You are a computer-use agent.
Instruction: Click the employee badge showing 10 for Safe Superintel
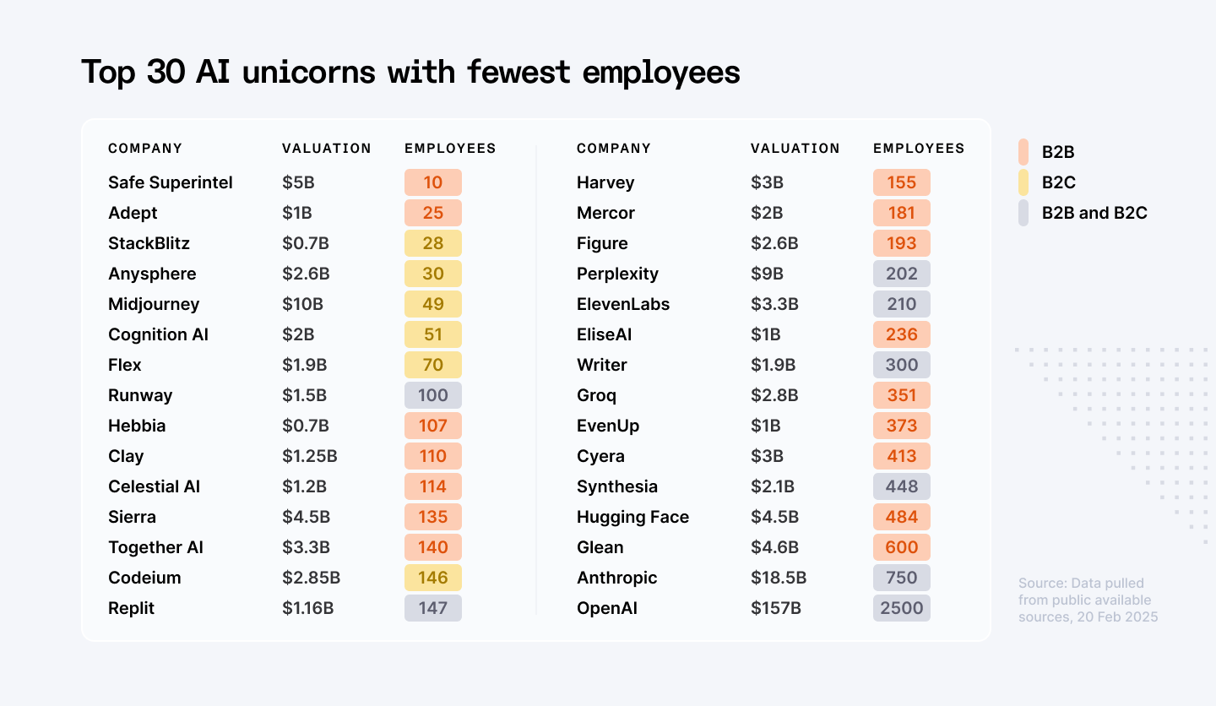click(433, 182)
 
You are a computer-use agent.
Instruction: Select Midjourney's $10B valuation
click(302, 304)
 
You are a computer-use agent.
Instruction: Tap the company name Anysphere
click(152, 274)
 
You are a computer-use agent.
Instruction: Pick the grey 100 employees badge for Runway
click(433, 395)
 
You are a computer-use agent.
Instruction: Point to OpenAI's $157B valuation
click(775, 608)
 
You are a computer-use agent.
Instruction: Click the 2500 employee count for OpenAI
click(902, 608)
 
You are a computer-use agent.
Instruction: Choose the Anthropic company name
click(616, 578)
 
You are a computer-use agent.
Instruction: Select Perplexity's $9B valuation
click(767, 274)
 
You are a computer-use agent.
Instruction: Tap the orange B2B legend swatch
click(1023, 152)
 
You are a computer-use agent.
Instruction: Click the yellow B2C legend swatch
click(1023, 182)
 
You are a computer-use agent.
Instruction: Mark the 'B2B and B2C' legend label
click(1094, 213)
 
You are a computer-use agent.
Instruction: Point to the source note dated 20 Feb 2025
click(1088, 600)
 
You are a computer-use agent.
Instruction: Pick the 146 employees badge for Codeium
click(433, 578)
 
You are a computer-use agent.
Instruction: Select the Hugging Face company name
click(632, 517)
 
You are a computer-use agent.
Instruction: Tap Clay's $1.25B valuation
click(309, 456)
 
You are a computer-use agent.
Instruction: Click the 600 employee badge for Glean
click(902, 547)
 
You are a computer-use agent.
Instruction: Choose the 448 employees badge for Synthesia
click(902, 486)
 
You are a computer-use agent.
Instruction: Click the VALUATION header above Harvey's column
click(795, 149)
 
